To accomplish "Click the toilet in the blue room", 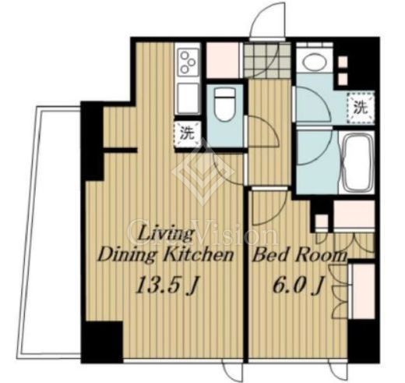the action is pyautogui.click(x=225, y=104).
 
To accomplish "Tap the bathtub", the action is pyautogui.click(x=357, y=162).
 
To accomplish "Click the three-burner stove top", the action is pyautogui.click(x=188, y=62).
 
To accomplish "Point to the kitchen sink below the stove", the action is pyautogui.click(x=188, y=98).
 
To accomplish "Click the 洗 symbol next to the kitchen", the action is pyautogui.click(x=187, y=134).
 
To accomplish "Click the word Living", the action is pyautogui.click(x=166, y=234).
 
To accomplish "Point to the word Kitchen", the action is pyautogui.click(x=199, y=255).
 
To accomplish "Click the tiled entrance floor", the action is pyautogui.click(x=267, y=61).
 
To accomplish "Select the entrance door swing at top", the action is pyautogui.click(x=268, y=21).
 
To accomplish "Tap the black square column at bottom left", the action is pyautogui.click(x=102, y=342).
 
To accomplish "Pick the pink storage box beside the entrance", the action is pyautogui.click(x=223, y=60).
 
